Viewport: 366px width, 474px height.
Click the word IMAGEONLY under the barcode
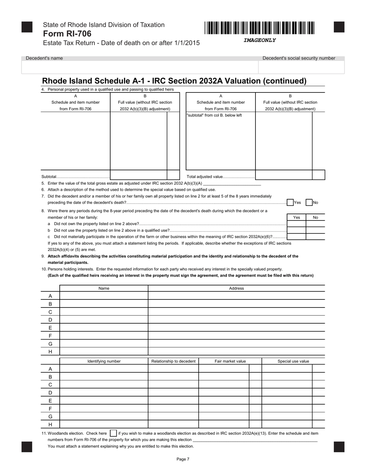(259, 40)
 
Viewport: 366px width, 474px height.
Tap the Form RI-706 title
(67, 34)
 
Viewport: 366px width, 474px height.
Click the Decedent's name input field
(139, 67)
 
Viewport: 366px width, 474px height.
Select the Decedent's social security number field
(301, 67)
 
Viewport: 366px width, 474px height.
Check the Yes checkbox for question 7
(290, 202)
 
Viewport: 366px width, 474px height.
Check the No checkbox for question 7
(309, 202)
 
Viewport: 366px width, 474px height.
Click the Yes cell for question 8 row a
(297, 224)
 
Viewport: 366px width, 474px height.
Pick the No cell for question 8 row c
(315, 237)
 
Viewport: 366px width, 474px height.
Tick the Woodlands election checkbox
(113, 433)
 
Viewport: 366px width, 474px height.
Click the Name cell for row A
(104, 296)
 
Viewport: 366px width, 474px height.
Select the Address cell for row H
(236, 351)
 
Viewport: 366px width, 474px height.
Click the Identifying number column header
(104, 361)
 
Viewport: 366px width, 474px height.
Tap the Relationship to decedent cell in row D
(173, 393)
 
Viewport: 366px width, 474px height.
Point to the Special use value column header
(293, 361)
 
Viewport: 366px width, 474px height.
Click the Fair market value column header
(230, 361)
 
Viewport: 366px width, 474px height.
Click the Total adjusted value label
(220, 176)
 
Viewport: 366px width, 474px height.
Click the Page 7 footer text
(183, 459)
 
